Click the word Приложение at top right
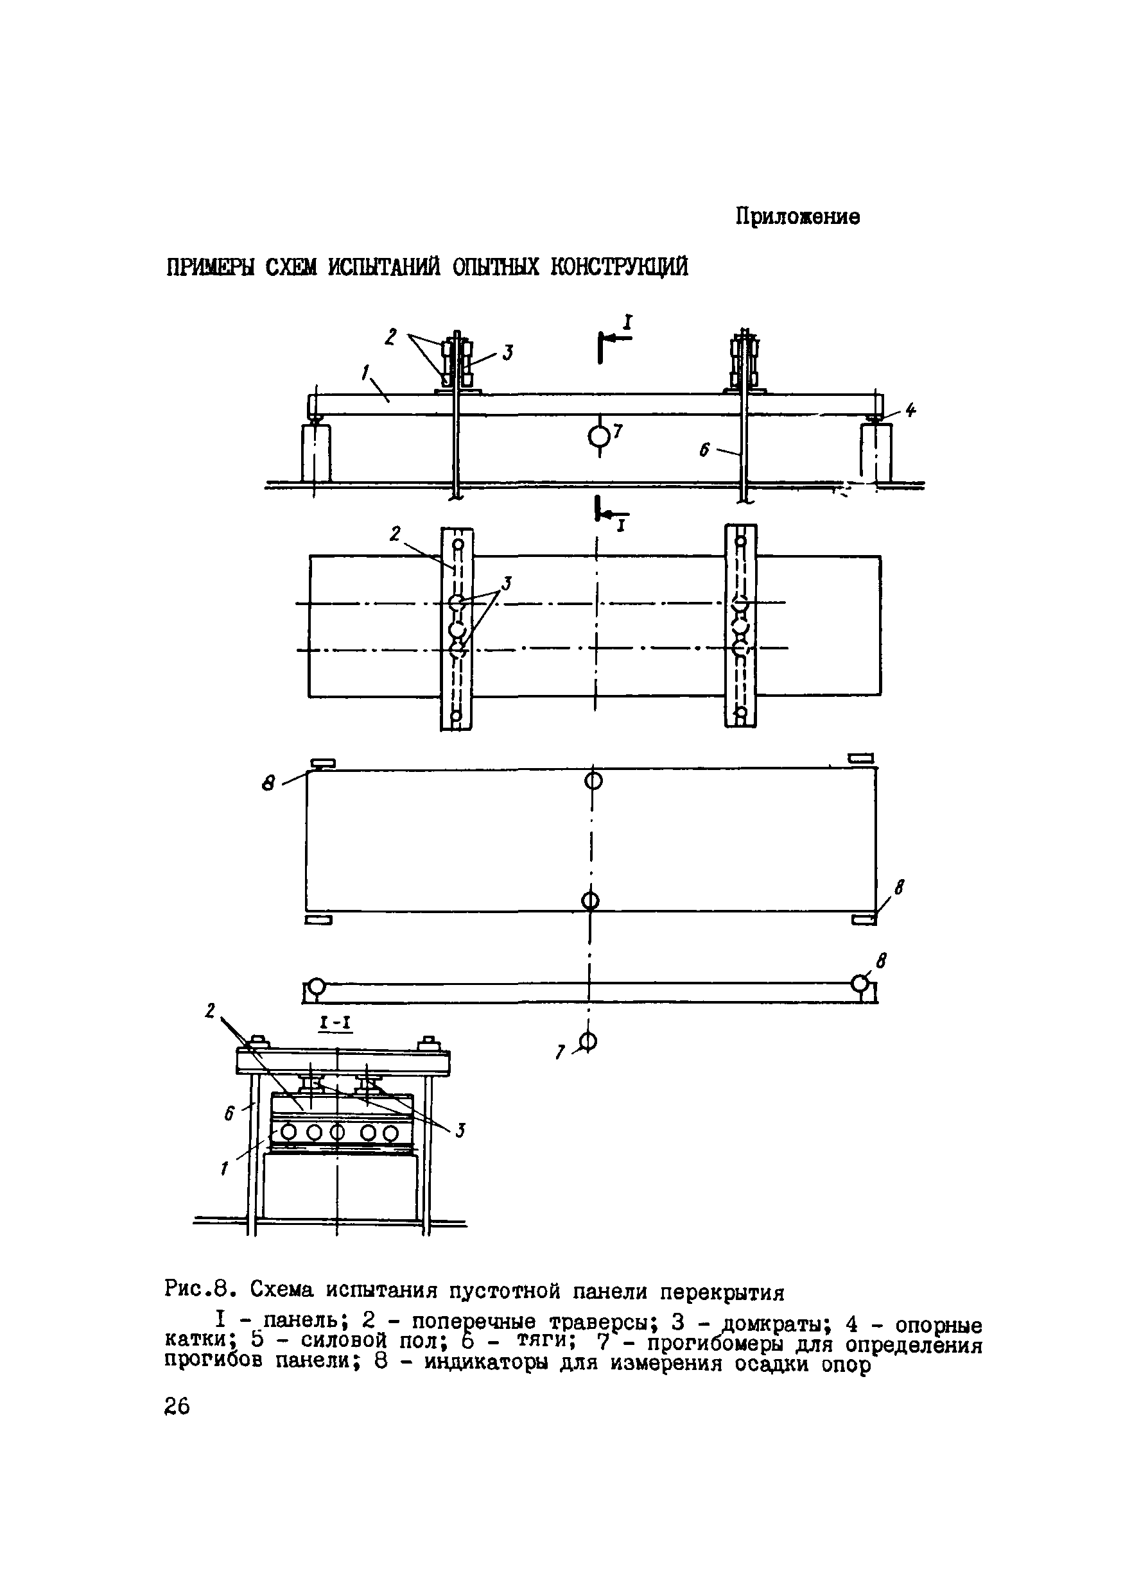pos(797,217)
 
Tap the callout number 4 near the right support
pos(910,411)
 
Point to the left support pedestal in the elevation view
pos(317,453)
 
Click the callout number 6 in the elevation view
pos(705,450)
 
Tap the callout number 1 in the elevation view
pos(365,373)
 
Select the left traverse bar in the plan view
pos(457,628)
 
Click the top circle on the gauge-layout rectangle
pos(593,781)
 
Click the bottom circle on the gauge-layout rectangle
pos(590,901)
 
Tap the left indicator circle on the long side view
pos(317,986)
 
